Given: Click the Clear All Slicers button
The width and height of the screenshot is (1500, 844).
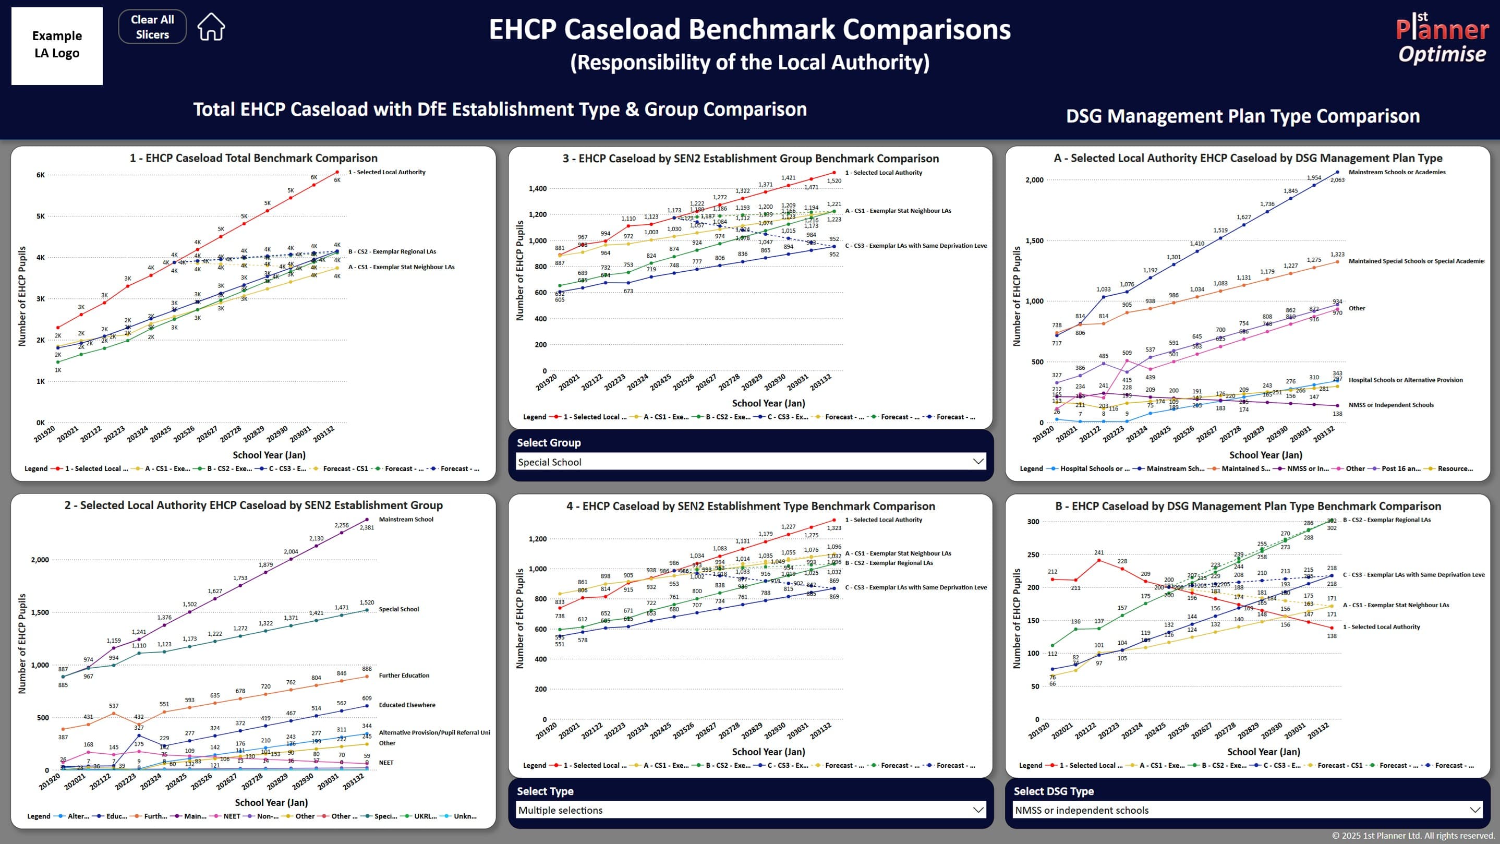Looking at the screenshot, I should coord(152,27).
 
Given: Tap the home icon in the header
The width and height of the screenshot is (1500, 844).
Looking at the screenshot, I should coord(211,27).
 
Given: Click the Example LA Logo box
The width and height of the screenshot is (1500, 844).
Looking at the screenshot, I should coord(57,45).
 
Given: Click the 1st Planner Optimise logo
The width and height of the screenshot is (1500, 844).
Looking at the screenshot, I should coord(1442,39).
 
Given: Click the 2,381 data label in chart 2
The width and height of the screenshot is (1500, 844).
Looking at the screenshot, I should coord(367,528).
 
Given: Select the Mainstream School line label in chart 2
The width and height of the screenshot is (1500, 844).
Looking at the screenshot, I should coord(406,520).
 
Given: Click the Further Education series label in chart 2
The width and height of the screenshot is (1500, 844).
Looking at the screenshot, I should coord(404,676).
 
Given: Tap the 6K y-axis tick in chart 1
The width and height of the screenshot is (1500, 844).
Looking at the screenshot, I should coord(40,175).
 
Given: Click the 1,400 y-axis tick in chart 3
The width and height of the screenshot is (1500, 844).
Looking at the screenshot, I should coord(537,189).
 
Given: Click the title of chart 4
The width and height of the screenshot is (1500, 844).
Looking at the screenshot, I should coord(750,506).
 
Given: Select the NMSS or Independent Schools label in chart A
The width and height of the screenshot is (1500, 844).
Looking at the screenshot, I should coord(1390,405).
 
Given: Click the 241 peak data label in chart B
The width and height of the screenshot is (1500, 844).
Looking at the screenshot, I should coord(1099,552).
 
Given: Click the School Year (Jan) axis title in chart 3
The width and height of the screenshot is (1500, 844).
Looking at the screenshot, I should coord(768,403).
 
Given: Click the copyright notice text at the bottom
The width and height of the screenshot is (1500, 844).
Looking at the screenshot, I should coord(1413,835).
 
